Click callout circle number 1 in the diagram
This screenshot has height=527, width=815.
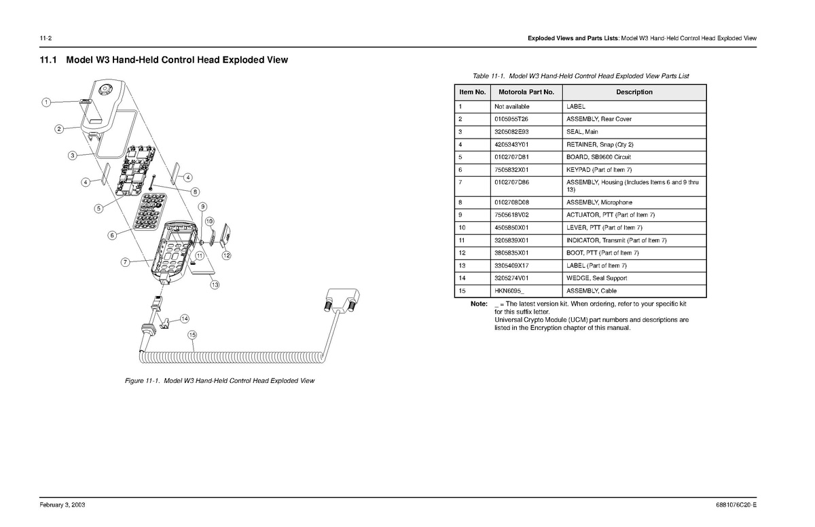tap(46, 103)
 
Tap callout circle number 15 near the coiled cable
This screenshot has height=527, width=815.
tap(192, 334)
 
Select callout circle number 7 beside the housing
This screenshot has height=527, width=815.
tap(125, 262)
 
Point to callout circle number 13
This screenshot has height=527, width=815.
tap(215, 285)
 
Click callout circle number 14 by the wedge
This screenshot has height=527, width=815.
tap(185, 319)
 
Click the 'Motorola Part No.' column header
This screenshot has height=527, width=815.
tap(526, 92)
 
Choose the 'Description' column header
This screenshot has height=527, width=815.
tap(634, 92)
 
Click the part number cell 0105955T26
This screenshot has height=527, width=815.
tap(511, 119)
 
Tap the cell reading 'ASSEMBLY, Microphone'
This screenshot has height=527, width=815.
tap(599, 202)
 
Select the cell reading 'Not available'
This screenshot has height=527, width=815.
tap(511, 107)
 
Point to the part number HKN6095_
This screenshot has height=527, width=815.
tap(509, 291)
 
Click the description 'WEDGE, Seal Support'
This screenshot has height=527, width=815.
tap(596, 278)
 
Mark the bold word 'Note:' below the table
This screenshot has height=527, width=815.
tap(479, 304)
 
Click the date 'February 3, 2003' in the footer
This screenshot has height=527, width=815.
tap(62, 506)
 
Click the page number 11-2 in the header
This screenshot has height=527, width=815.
tap(47, 37)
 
